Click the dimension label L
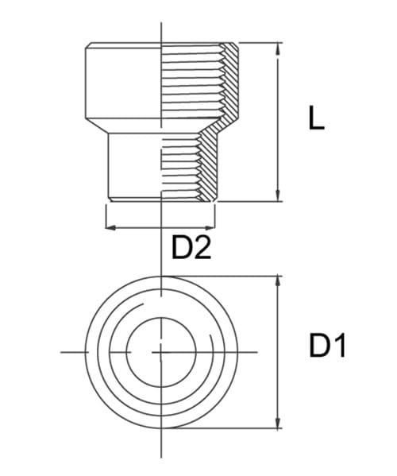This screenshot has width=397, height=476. pos(317,119)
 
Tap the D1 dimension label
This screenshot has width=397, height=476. pos(327,346)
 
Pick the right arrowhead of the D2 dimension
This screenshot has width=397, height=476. pos(211,227)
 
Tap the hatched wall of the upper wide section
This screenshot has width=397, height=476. pos(230,79)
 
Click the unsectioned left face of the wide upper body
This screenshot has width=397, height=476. pos(123,79)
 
